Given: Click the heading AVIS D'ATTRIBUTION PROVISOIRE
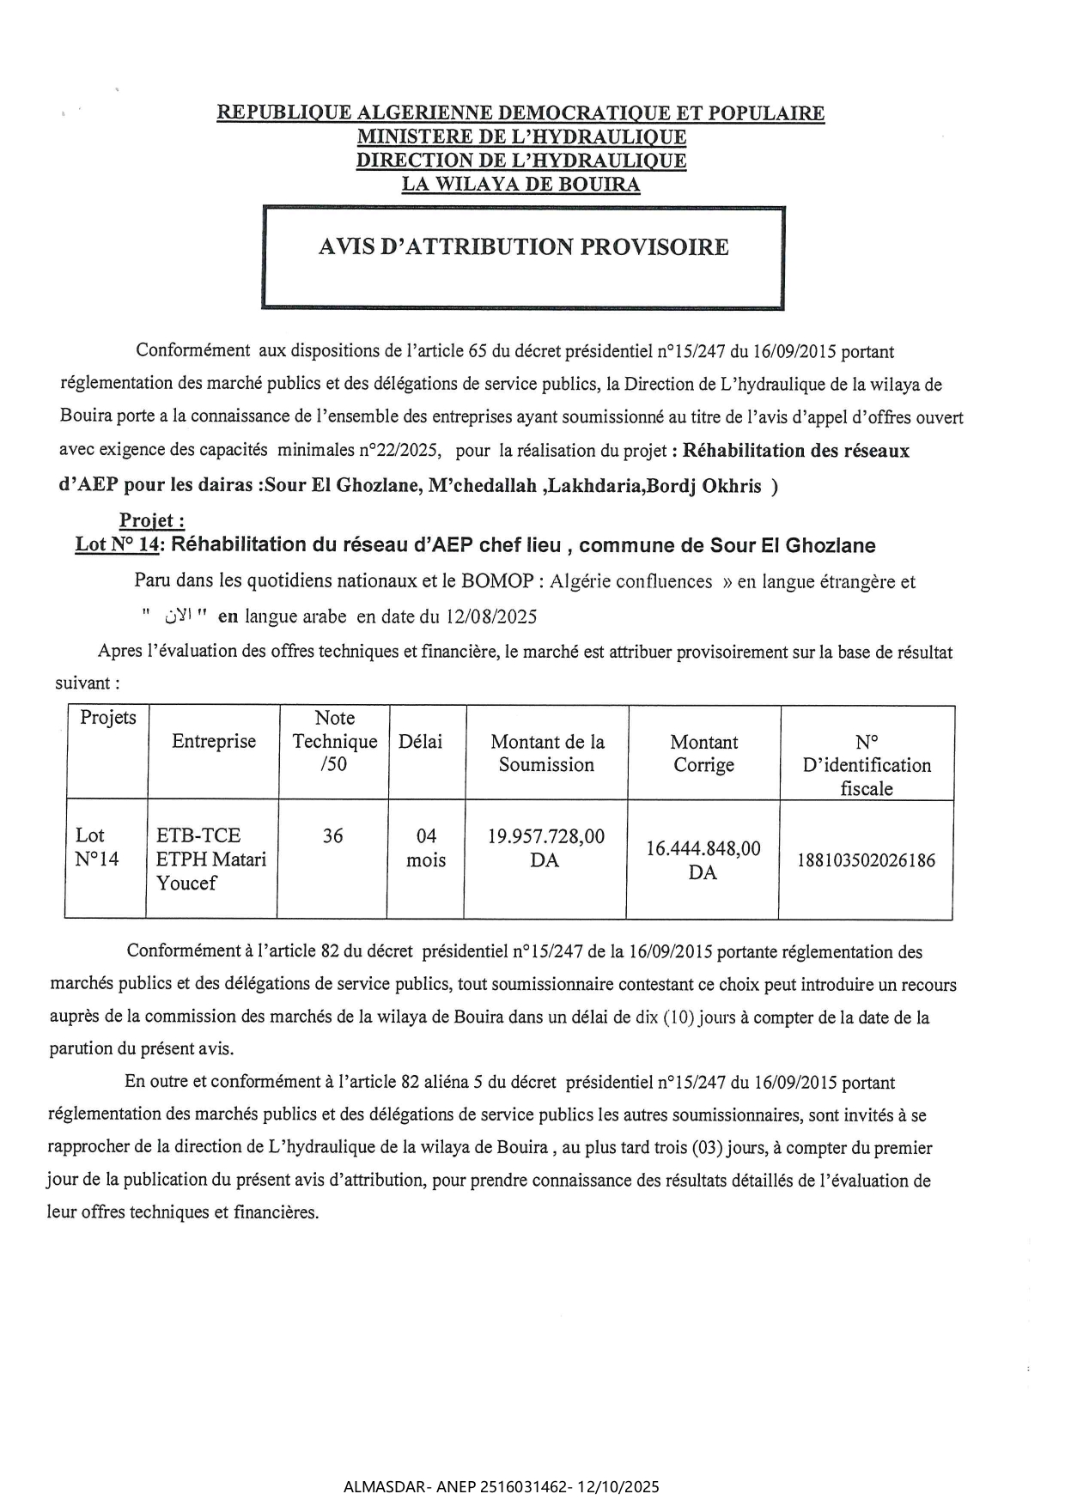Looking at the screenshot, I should (523, 247).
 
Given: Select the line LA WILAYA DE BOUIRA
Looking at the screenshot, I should (520, 184).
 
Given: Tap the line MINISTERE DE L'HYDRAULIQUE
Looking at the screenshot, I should (521, 137).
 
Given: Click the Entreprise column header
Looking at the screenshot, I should (214, 742).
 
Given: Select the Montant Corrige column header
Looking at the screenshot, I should (703, 753).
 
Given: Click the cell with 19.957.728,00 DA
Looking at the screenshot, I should (545, 847).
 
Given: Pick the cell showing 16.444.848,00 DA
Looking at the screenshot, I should (703, 860).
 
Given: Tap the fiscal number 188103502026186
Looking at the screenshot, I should (866, 860).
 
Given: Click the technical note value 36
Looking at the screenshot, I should (332, 835).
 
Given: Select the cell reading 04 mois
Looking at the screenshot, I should (426, 847).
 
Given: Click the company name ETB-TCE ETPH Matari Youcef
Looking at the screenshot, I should (211, 859).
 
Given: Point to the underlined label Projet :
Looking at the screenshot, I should (152, 520).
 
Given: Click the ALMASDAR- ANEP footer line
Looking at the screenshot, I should (501, 1486).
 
